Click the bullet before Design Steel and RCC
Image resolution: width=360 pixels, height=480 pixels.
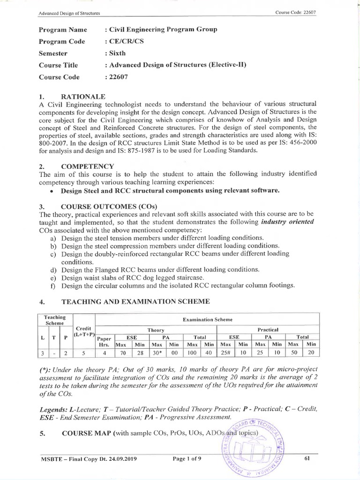[x=52, y=191]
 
